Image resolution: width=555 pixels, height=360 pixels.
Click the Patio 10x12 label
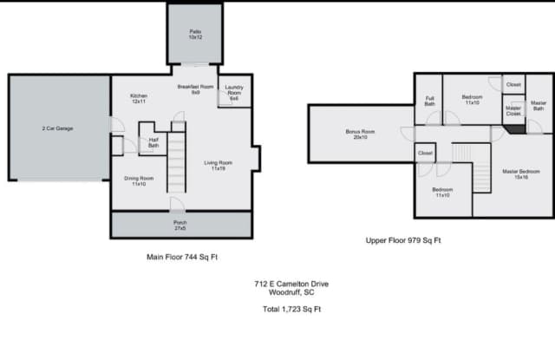click(195, 35)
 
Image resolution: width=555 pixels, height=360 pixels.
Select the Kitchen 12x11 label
click(139, 98)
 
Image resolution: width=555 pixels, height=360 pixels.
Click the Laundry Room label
click(233, 93)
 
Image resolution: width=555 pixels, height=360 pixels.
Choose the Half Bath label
click(153, 142)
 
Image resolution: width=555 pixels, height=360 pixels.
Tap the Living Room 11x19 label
click(218, 165)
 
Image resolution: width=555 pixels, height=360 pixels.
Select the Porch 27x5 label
click(180, 225)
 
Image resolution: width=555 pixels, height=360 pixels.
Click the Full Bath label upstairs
click(429, 101)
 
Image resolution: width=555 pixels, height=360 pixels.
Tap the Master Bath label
click(538, 106)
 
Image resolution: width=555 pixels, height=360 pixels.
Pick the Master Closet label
click(513, 111)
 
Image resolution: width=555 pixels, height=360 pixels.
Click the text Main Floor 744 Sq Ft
click(180, 258)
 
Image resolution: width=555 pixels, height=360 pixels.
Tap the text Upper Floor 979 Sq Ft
click(402, 239)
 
